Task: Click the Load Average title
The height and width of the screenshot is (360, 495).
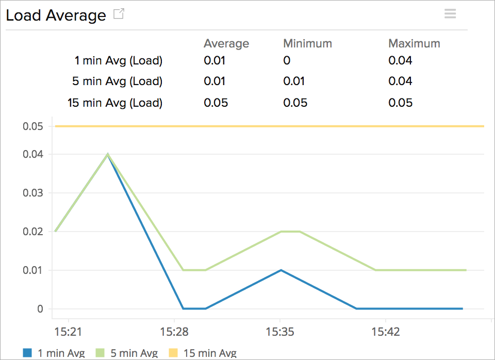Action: [x=56, y=15]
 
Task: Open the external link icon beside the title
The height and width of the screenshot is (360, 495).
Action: [x=119, y=14]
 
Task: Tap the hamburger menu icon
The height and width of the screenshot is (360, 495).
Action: [x=450, y=14]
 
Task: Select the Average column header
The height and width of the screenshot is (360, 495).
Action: [x=226, y=43]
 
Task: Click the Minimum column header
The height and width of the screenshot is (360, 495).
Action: [x=307, y=43]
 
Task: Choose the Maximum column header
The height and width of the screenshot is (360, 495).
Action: [x=414, y=43]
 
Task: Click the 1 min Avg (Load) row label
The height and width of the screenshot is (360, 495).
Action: [x=119, y=61]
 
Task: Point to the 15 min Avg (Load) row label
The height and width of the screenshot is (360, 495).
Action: [x=115, y=103]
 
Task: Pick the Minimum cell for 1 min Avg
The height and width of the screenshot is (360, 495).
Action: [x=287, y=61]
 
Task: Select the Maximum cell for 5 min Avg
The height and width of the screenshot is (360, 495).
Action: [x=400, y=81]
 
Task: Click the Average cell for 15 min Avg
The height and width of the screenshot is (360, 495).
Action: [x=216, y=103]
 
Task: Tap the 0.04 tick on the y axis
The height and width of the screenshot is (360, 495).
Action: [x=33, y=154]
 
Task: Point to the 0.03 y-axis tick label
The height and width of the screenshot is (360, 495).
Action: [x=33, y=193]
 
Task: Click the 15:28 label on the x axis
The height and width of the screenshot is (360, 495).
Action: [x=174, y=331]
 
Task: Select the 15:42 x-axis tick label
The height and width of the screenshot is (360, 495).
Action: [x=386, y=331]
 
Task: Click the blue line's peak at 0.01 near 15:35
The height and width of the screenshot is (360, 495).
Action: [x=280, y=270]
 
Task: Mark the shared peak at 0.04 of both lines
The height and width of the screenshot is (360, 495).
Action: [x=108, y=154]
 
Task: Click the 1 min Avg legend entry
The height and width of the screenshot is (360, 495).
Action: [x=54, y=353]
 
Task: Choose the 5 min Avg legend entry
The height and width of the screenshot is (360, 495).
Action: [x=127, y=353]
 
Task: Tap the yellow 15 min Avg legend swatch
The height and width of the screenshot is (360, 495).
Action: [x=173, y=353]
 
